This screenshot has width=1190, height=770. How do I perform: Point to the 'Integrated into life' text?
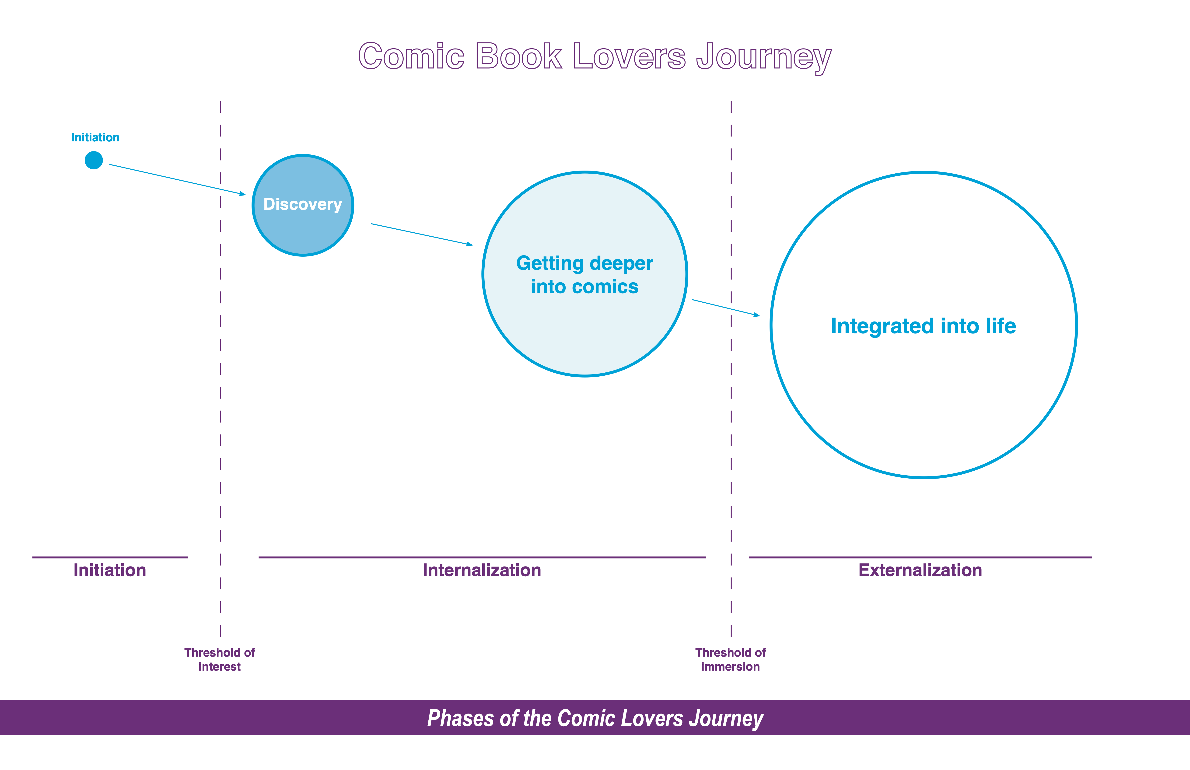[x=923, y=326]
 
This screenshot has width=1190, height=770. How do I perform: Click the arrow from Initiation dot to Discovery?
[x=178, y=179]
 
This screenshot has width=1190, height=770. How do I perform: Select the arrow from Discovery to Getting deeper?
[x=421, y=234]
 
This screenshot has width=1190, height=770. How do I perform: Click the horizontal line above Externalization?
[x=920, y=557]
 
